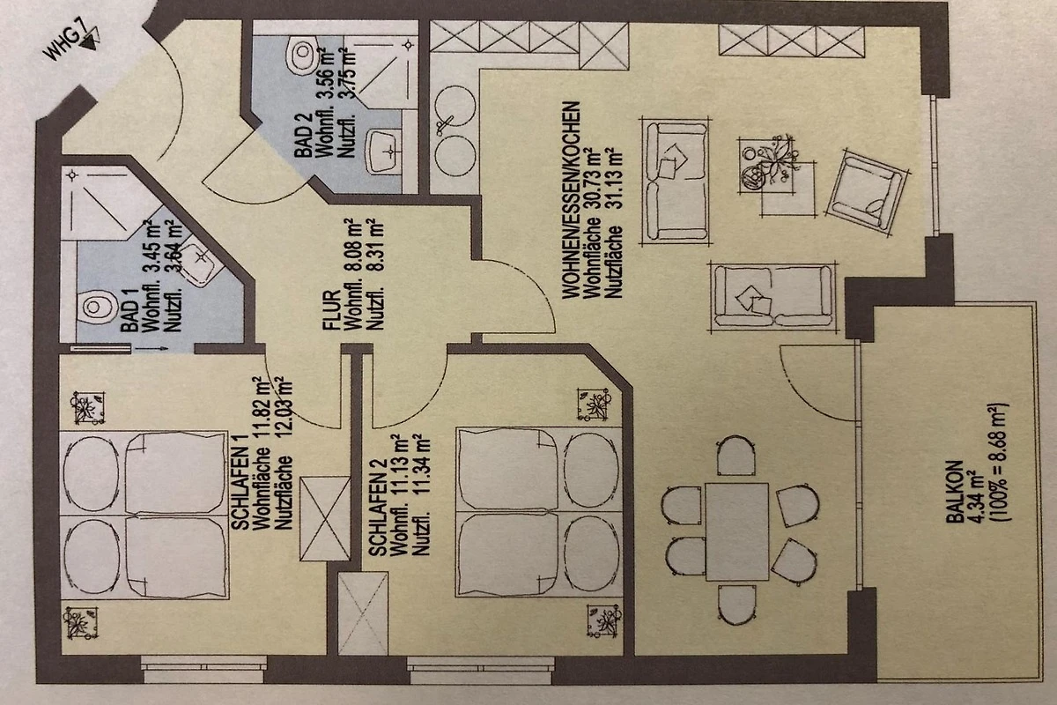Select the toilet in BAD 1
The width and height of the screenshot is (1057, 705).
click(x=97, y=307)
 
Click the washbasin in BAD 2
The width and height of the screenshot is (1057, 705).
click(x=384, y=151)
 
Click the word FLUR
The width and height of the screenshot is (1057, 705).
click(x=331, y=310)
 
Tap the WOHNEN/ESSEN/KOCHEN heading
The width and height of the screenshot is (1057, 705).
click(x=571, y=200)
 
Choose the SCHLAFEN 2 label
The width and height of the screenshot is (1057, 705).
click(x=378, y=508)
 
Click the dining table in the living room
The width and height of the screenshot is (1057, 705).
click(x=737, y=531)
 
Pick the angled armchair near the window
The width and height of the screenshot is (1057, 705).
click(x=867, y=192)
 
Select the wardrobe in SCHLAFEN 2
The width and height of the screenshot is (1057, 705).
click(x=363, y=613)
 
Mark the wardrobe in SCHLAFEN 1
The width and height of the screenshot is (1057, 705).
click(x=325, y=519)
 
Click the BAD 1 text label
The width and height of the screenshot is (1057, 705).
click(x=130, y=310)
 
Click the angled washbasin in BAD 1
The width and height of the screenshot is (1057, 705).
click(x=202, y=261)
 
